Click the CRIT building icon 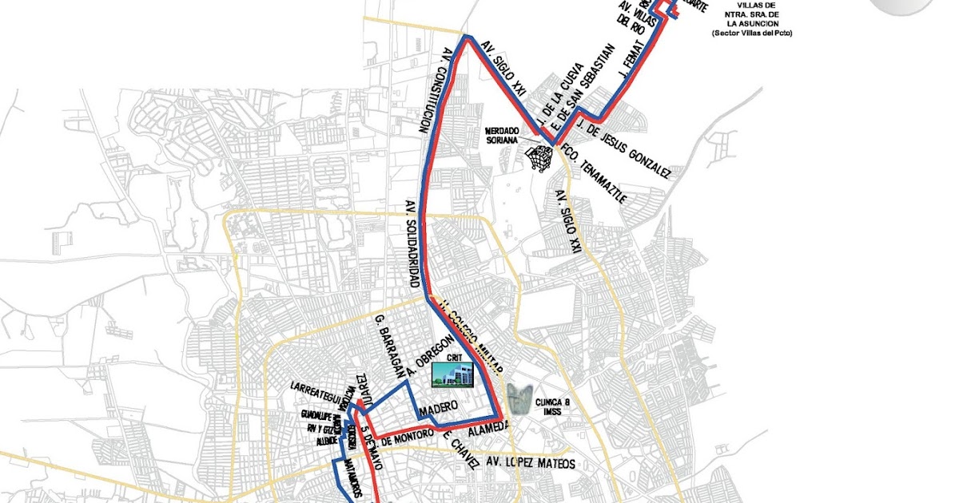click(453, 373)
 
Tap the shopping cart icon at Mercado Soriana click(540, 157)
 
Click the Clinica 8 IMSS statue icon click(520, 397)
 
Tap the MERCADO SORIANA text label click(503, 135)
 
